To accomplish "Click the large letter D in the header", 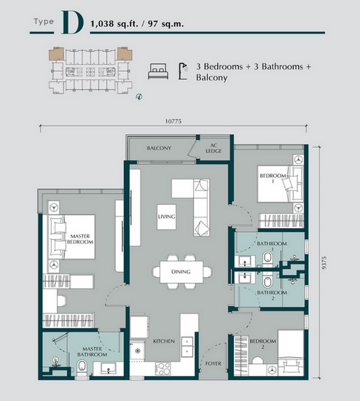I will click(72, 23).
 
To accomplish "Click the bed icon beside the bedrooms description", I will click(157, 71).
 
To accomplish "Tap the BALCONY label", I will click(158, 148).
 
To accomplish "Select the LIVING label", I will click(167, 217).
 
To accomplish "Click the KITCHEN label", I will click(162, 340).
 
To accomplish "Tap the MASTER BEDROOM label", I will click(78, 238).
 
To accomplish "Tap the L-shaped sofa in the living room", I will click(200, 206).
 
